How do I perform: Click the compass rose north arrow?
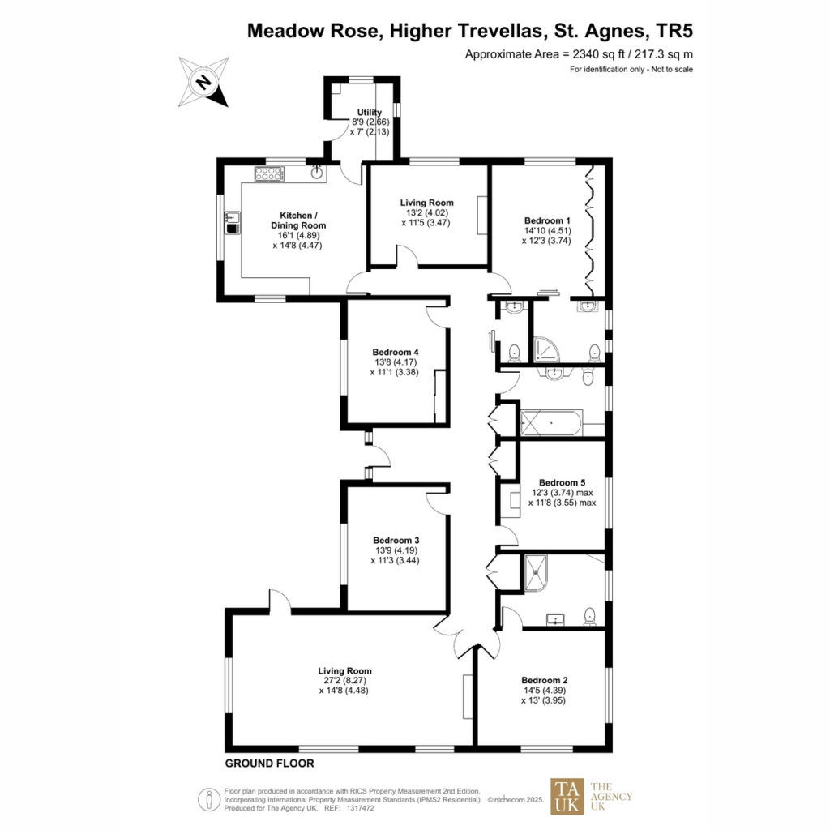[x=203, y=82]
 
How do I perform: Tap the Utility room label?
[x=369, y=112]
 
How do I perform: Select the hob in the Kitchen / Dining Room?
[x=269, y=173]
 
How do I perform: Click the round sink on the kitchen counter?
[x=317, y=172]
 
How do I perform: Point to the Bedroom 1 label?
[x=547, y=220]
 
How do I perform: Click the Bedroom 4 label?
[x=396, y=352]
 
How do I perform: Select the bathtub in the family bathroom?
[x=551, y=423]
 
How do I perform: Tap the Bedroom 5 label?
[x=563, y=482]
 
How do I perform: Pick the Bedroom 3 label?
[x=396, y=540]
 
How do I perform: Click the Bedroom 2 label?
[x=544, y=680]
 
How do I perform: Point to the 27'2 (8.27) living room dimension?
[x=344, y=681]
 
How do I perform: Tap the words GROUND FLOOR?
[x=269, y=764]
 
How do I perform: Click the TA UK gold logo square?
[x=567, y=796]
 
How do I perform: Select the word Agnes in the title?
[x=615, y=31]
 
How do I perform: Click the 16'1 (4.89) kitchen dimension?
[x=298, y=236]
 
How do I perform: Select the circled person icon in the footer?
[x=209, y=799]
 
